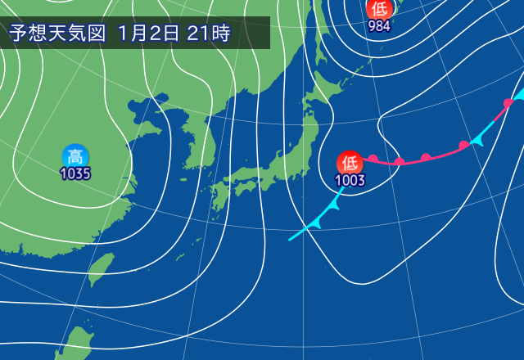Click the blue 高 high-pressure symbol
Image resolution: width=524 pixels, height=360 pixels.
coord(75,155)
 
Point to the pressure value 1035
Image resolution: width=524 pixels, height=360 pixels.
coord(75,173)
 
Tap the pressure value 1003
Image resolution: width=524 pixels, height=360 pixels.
coord(350,180)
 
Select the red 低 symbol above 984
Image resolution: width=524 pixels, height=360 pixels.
coord(379,9)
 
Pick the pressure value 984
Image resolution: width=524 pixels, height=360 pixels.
coord(379,25)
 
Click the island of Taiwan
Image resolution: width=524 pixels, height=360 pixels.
coord(101,269)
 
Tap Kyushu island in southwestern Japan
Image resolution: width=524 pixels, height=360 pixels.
coord(220,199)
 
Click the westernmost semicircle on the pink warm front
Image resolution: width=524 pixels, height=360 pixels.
coord(373,158)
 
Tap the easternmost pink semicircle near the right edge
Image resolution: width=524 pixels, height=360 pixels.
coord(508,102)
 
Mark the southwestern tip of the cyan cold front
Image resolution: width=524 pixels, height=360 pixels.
coord(290,240)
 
